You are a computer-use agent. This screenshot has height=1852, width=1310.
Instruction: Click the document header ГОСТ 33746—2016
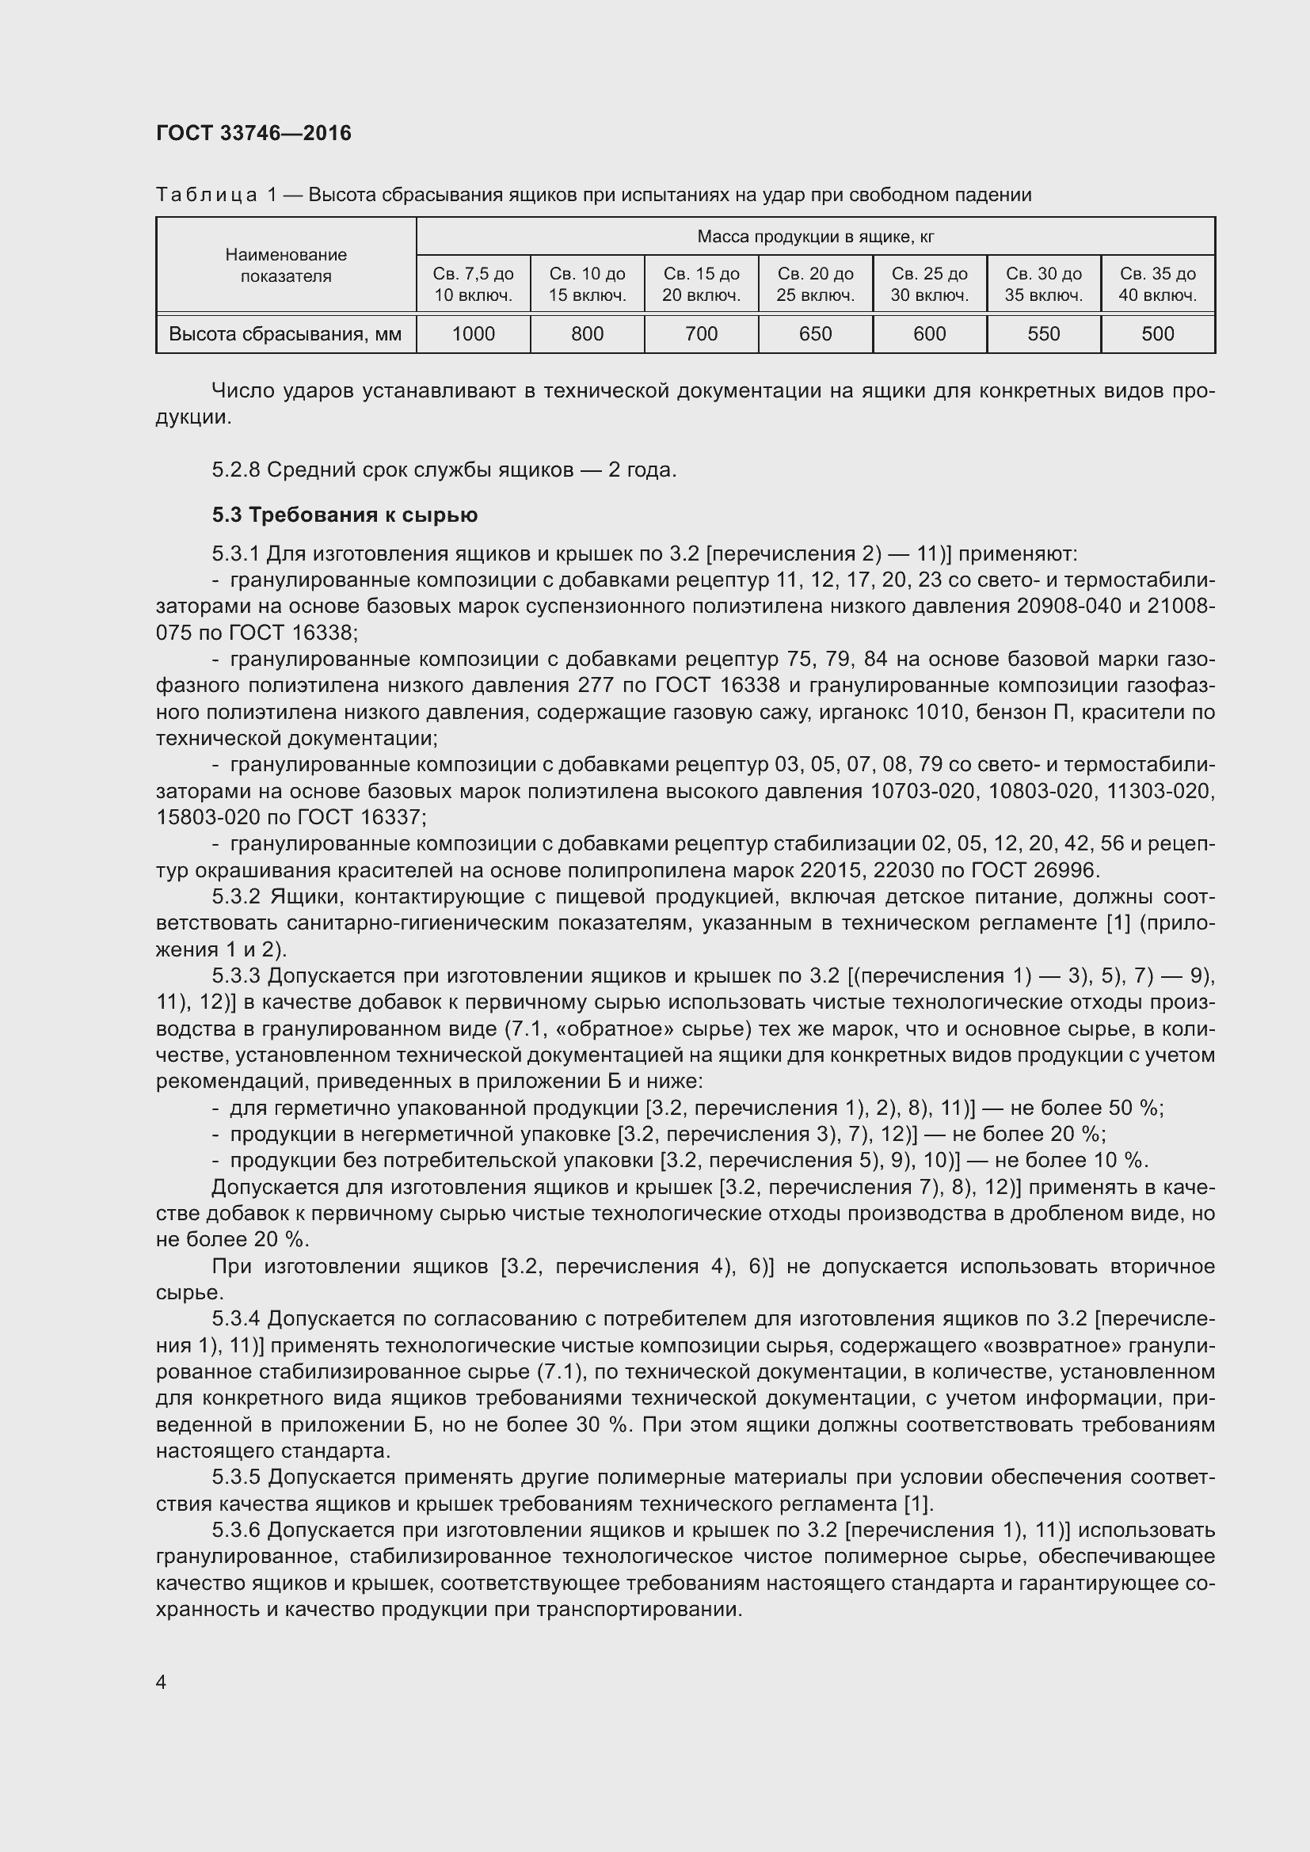pos(253,133)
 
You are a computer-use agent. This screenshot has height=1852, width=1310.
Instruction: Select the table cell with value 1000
pos(473,334)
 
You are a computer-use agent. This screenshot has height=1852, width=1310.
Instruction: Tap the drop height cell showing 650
pos(815,334)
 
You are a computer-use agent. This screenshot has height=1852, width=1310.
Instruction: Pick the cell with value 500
pos(1158,334)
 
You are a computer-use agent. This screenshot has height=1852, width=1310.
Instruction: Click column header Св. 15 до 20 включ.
pos(701,284)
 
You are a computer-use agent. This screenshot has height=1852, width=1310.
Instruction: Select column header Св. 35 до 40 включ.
pos(1158,284)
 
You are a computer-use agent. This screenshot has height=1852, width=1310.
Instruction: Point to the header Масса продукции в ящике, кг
pos(815,236)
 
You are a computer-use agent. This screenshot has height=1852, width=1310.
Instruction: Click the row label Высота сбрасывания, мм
pos(285,334)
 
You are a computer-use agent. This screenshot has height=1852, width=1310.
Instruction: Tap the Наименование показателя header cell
pos(286,265)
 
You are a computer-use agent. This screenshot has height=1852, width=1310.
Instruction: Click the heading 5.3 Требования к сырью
pos(345,515)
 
